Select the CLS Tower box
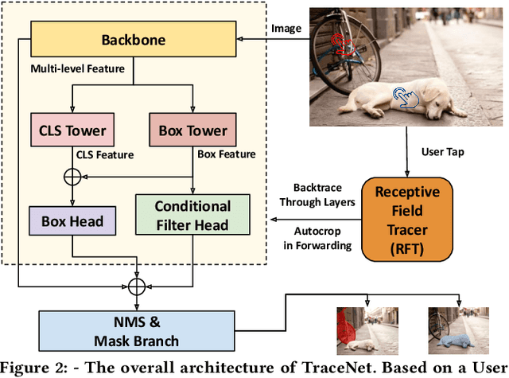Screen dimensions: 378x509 (x=72, y=131)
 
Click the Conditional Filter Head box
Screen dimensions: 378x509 (x=193, y=216)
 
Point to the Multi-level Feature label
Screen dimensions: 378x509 (x=77, y=69)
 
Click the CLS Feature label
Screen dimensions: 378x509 (x=103, y=155)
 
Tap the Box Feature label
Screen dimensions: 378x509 (x=227, y=155)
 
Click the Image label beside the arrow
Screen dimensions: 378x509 (x=287, y=29)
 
